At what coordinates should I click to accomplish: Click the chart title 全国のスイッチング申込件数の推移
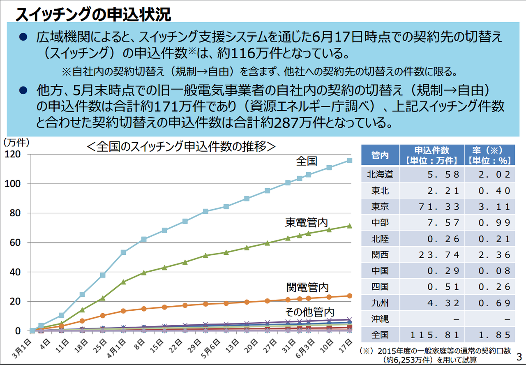tap(180, 146)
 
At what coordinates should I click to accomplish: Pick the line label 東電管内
tap(307, 223)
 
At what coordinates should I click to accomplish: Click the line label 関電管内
tap(307, 287)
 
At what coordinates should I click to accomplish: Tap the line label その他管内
tap(309, 311)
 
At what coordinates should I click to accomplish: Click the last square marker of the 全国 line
tap(350, 160)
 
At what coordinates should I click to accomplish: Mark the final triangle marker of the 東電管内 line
tap(350, 226)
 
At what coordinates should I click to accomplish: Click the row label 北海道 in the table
tap(380, 175)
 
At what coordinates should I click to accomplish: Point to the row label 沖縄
tap(380, 319)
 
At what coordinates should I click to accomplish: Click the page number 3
tap(519, 356)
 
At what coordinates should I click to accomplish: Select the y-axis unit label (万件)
tap(16, 142)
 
